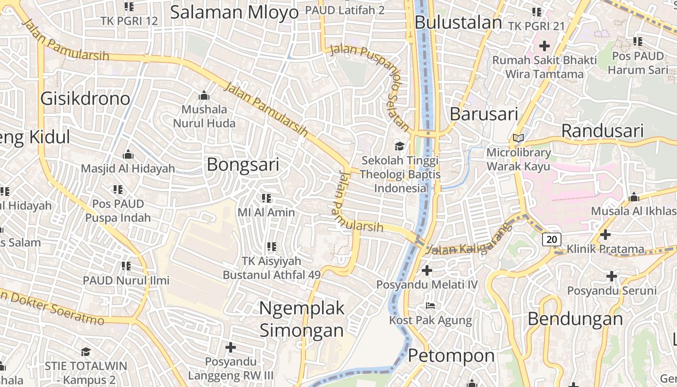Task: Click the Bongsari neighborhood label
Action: (243, 165)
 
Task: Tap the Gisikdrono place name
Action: (85, 99)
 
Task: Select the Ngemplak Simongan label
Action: (302, 319)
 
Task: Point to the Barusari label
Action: (484, 114)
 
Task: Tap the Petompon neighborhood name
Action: (451, 356)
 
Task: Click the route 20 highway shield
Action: (552, 239)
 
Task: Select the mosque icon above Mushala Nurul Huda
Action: (204, 95)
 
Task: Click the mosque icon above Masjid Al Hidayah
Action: (128, 155)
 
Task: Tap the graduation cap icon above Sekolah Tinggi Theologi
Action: (400, 146)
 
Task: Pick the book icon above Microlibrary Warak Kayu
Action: (518, 138)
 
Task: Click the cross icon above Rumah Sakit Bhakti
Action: (545, 46)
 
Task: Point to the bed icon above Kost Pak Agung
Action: (430, 306)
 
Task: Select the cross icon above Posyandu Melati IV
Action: (427, 270)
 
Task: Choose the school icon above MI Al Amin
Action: (266, 198)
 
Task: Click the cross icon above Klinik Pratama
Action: (605, 235)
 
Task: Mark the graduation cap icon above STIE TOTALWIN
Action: (86, 352)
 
